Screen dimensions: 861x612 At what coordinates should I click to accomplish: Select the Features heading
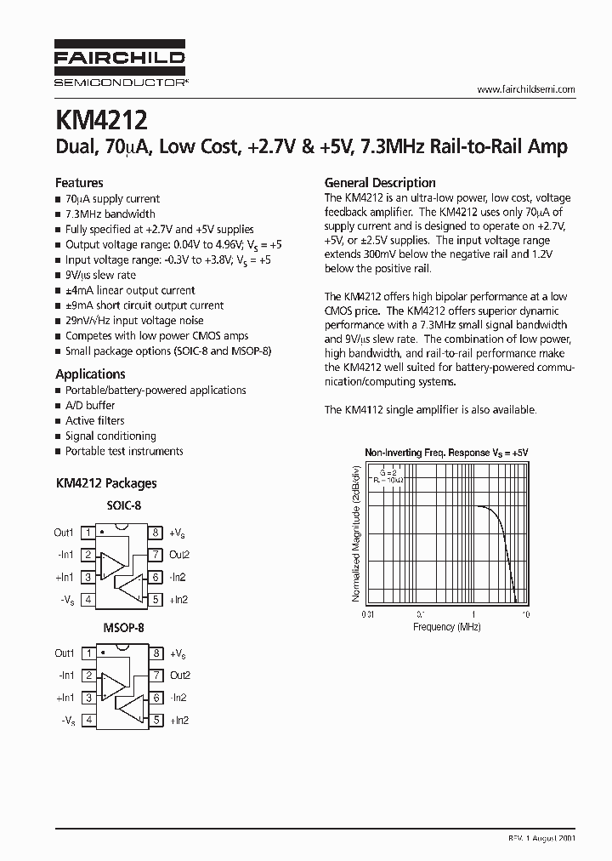79,182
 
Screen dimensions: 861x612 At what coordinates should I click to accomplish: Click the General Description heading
380,182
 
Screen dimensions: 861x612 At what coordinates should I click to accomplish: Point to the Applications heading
90,373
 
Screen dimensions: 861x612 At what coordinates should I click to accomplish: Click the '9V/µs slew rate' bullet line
100,275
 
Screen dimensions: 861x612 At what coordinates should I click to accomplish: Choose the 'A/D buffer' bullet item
90,405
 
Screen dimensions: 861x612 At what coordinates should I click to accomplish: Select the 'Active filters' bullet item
94,420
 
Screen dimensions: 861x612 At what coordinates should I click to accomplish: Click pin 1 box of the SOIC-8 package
88,533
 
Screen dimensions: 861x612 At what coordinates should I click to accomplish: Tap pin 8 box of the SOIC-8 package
156,533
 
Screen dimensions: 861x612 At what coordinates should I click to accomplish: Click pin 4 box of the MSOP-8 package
88,720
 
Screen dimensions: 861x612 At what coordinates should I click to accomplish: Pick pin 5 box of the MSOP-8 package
156,720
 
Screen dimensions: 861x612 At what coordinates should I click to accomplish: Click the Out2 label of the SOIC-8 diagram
179,555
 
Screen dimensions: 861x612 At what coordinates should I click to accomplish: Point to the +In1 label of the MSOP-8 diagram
65,698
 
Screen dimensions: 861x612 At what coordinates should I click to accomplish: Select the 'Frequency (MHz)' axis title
446,627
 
